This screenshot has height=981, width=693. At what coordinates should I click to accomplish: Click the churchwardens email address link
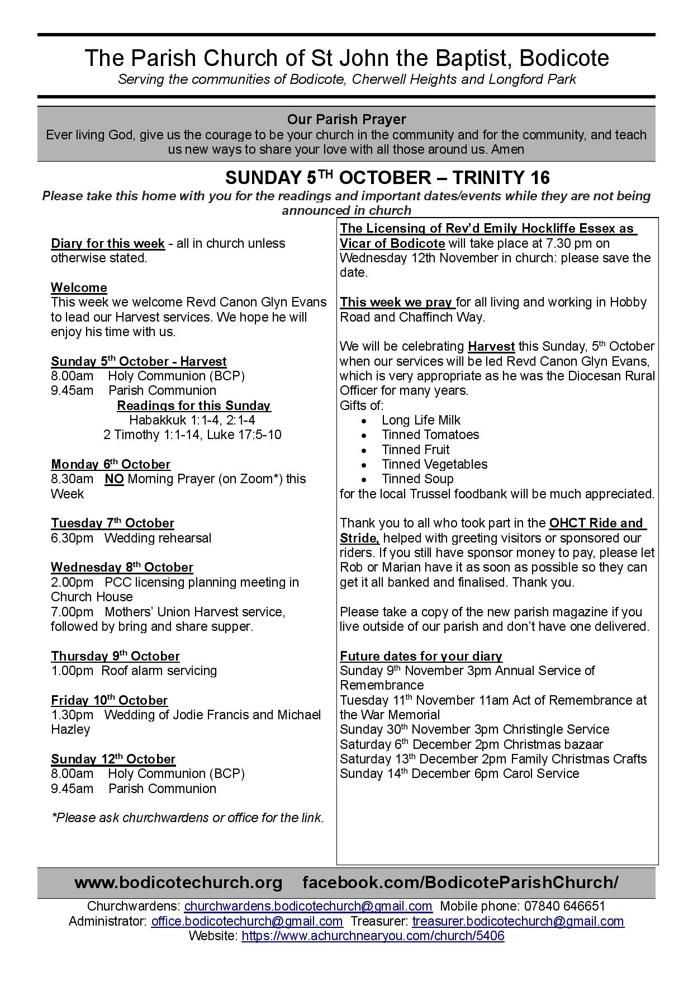308,907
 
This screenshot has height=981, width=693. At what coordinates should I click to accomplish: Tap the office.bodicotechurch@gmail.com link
247,921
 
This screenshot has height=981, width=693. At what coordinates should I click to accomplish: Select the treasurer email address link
518,921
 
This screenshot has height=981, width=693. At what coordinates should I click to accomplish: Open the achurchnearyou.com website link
373,936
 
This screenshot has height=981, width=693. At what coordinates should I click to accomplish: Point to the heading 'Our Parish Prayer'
346,119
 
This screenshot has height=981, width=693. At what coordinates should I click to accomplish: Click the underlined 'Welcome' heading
79,287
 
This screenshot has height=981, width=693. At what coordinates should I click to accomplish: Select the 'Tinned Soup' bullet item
417,479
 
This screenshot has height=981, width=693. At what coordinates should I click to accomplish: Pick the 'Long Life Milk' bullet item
421,420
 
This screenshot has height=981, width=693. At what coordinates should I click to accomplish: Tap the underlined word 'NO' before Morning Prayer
114,479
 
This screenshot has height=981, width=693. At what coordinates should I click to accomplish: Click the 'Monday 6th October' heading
111,464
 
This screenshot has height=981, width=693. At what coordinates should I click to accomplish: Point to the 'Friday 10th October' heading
109,700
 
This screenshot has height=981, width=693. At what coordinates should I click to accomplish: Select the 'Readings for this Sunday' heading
193,405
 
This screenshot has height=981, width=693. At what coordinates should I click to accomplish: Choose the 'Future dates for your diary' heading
421,656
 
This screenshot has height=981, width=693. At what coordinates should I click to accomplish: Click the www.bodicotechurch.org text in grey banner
178,883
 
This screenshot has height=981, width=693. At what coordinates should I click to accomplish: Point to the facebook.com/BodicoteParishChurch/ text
461,883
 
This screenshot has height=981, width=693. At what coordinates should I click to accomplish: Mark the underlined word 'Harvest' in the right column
491,347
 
